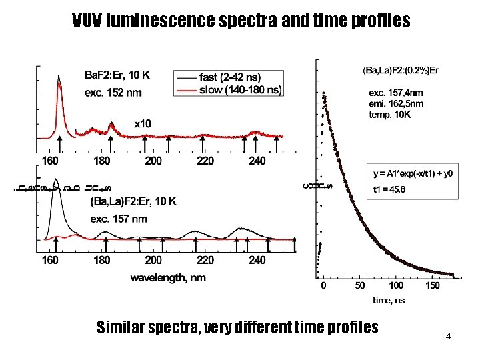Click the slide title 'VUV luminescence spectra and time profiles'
(x=241, y=21)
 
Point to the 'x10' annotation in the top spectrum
(x=143, y=124)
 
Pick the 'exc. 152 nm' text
(x=112, y=92)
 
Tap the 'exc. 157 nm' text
(x=119, y=219)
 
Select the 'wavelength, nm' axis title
(x=168, y=277)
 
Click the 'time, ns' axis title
(x=389, y=300)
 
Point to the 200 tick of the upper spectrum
(x=153, y=161)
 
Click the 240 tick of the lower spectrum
(x=257, y=260)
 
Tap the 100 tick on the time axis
(x=396, y=286)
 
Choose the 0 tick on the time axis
(x=323, y=286)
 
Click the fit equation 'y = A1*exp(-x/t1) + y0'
(x=413, y=174)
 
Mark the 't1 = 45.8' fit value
(x=390, y=189)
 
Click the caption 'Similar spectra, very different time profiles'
(x=237, y=327)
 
